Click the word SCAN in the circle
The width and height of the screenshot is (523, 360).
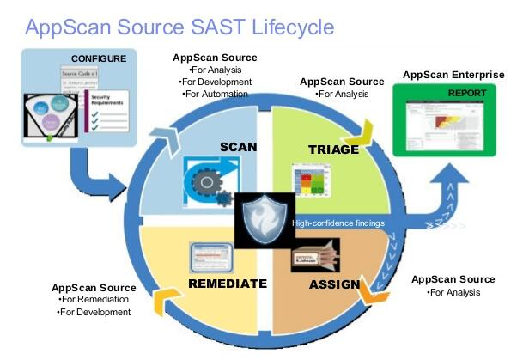[238, 146]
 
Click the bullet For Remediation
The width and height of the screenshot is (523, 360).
[94, 299]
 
